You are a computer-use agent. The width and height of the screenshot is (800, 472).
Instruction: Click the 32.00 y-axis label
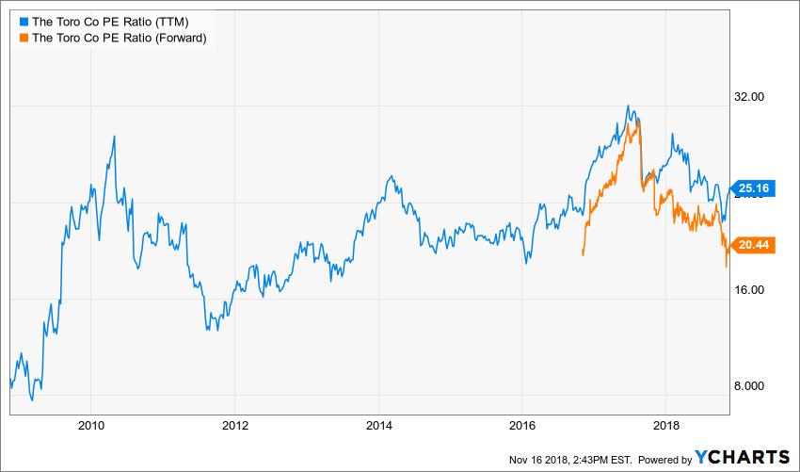point(754,97)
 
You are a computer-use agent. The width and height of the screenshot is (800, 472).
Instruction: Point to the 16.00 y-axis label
point(754,290)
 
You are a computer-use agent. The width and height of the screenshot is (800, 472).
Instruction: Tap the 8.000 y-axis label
point(754,386)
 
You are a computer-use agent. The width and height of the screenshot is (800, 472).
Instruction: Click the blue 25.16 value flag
point(754,188)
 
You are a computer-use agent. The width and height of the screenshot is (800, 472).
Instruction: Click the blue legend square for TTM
point(24,20)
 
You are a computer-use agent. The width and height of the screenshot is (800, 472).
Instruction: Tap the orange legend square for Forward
point(24,38)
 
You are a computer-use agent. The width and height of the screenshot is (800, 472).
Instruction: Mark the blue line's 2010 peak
point(114,136)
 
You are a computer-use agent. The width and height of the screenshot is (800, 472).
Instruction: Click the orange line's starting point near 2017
point(584,254)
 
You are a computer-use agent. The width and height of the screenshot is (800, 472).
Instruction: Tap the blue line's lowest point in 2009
point(32,399)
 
